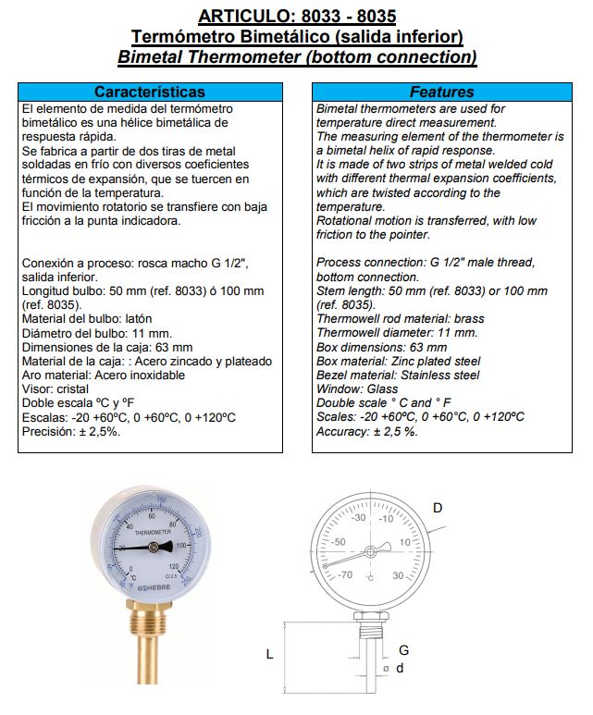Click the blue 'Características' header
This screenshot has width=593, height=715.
(150, 92)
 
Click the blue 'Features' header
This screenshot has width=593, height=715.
(441, 92)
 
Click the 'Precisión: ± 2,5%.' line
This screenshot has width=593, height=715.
(70, 431)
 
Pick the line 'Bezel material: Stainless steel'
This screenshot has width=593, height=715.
(398, 376)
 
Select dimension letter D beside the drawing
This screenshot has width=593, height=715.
(438, 507)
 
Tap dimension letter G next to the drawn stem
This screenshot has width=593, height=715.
(403, 649)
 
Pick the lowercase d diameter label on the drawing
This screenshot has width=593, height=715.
(401, 668)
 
